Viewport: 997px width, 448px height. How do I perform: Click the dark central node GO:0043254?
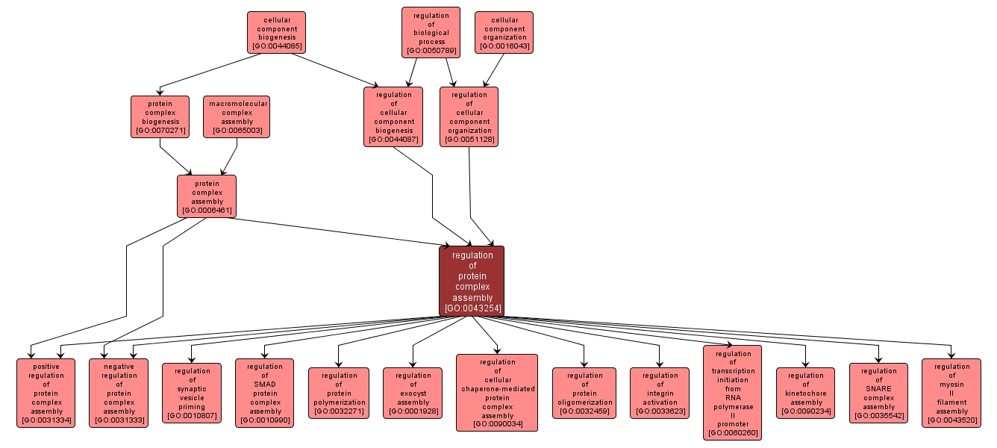tap(471, 281)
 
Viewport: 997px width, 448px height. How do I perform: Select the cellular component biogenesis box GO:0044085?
tap(277, 33)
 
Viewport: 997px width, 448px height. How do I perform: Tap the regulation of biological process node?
tap(431, 33)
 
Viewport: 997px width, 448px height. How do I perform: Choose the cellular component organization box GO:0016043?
tap(504, 33)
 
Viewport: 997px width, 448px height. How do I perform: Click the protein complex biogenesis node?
tap(160, 117)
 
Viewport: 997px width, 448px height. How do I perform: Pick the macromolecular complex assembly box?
tap(237, 117)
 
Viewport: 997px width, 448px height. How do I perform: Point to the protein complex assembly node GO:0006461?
tap(207, 196)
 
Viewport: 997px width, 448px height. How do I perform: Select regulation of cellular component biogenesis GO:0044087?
tap(393, 116)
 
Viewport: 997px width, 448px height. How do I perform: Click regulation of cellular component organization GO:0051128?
tap(469, 116)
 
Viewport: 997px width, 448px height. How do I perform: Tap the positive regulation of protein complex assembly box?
tap(46, 393)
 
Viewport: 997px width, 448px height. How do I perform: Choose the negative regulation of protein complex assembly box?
tap(119, 393)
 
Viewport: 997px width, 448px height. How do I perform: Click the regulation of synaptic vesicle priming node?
tap(192, 393)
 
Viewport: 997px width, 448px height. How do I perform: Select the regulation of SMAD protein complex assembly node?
tap(265, 393)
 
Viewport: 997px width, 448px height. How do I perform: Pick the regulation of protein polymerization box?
tap(338, 393)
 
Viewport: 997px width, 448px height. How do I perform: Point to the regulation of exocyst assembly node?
tap(413, 393)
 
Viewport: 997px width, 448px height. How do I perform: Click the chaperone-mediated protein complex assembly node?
tap(497, 393)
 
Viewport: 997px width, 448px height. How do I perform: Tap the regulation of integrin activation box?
tap(660, 393)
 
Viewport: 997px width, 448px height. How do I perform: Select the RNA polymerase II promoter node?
tap(732, 393)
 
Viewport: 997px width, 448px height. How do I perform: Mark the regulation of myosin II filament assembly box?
tap(951, 393)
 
